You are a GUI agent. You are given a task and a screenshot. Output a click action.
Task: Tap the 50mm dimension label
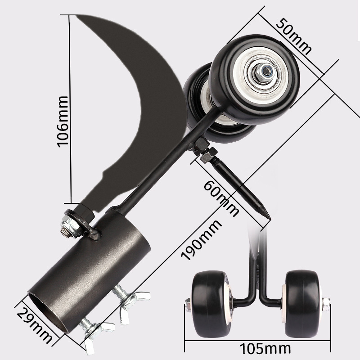click(x=293, y=36)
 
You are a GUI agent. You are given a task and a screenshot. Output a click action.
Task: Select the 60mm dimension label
click(x=221, y=198)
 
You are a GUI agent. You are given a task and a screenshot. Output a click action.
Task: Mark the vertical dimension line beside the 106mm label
click(x=71, y=112)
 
